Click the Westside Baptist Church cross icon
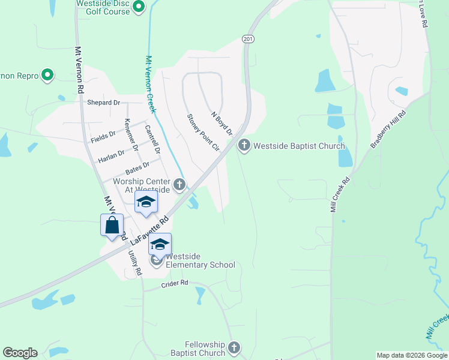point(244,145)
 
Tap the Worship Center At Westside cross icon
point(179,185)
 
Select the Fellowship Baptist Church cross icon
point(234,347)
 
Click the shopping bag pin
point(112,226)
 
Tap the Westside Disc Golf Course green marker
point(139,7)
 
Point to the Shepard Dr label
point(103,103)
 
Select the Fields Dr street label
point(103,137)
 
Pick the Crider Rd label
point(175,283)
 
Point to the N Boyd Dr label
point(221,122)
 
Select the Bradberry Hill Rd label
point(388,129)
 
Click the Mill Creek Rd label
point(340,194)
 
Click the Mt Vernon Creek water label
point(151,84)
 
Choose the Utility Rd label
point(134,263)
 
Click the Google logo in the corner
point(20,353)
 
